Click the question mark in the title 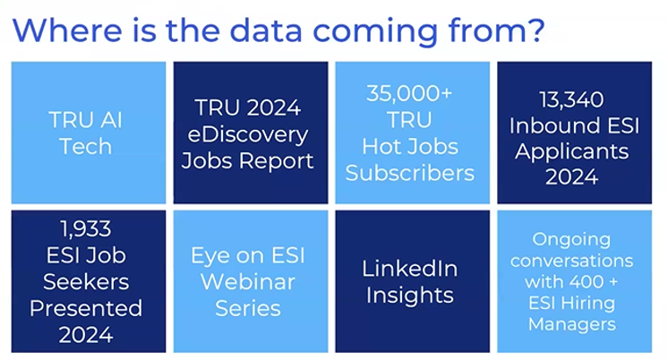pos(535,29)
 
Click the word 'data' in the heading pos(266,30)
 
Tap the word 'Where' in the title pos(67,30)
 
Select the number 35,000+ pos(409,93)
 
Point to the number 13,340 pos(571,99)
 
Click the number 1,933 pos(86,228)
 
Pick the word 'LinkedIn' pos(410,269)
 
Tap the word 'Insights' pos(410,296)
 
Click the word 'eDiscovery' pos(248,135)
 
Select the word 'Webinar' pos(248,282)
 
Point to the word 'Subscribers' pos(410,173)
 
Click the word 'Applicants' pos(571,152)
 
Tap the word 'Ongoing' pos(571,240)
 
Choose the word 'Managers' pos(571,324)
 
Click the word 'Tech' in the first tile pos(86,147)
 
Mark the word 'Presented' pos(86,308)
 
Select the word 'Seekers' pos(86,282)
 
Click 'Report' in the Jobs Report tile pos(277,161)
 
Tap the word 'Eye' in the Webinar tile pos(208,256)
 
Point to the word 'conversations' pos(571,261)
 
